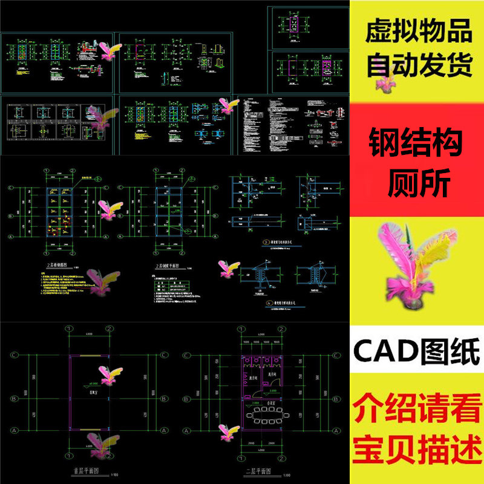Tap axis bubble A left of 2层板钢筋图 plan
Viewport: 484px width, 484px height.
(10, 238)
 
